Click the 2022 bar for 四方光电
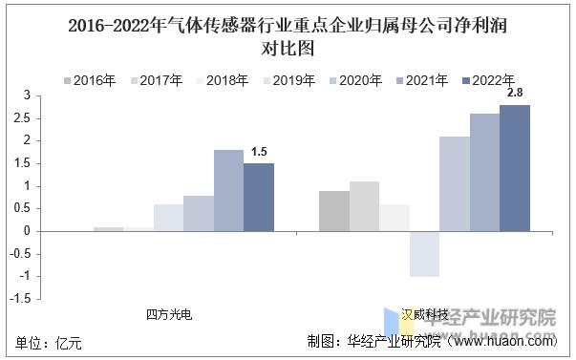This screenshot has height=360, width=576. point(258,197)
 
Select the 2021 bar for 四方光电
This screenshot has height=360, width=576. point(228,190)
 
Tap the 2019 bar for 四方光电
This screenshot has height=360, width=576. point(168,218)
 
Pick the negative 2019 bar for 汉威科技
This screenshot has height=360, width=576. point(424,254)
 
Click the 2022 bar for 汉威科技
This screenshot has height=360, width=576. point(514,168)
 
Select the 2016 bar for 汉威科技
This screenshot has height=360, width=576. point(333,211)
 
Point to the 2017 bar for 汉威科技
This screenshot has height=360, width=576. point(364,206)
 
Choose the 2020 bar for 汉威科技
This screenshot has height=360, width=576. point(454,183)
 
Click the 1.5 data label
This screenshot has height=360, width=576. point(259,153)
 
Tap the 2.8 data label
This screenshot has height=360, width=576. point(515,93)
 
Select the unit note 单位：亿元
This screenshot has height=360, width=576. point(50,341)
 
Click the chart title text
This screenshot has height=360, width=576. point(288,36)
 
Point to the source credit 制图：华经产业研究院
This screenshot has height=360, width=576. point(373,341)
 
